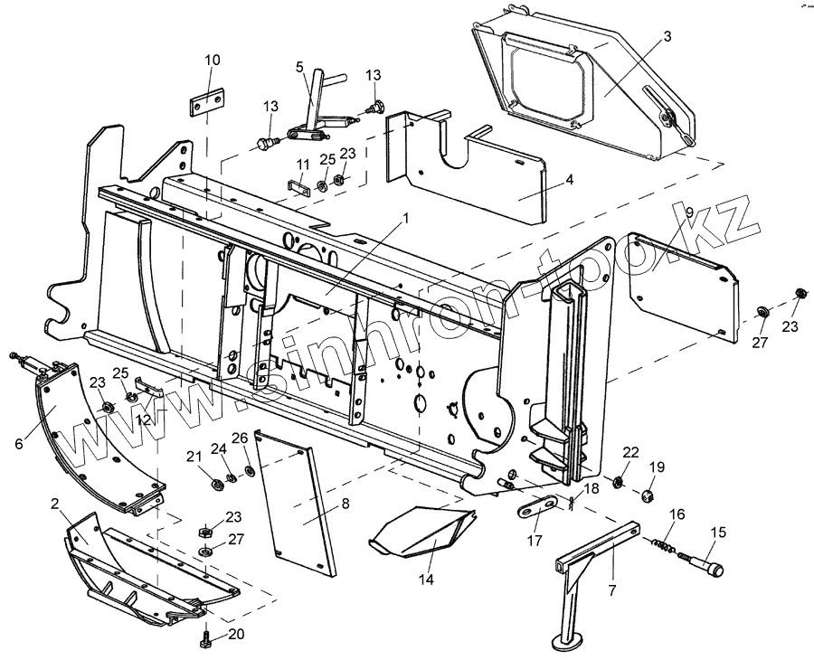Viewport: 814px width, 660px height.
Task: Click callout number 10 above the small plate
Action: [212, 60]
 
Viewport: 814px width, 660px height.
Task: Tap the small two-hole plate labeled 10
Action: [207, 103]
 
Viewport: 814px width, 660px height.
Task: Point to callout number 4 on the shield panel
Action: [569, 179]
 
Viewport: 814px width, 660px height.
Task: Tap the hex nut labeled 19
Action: [647, 495]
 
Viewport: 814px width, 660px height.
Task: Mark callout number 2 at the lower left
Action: [54, 503]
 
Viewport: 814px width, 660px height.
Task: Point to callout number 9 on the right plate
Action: [689, 212]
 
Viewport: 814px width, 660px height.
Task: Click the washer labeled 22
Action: [618, 480]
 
